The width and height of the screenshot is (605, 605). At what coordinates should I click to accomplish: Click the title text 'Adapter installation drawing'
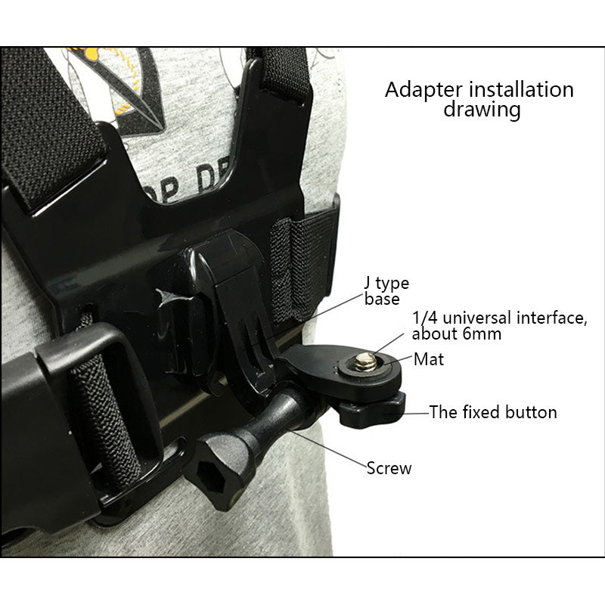coord(479,99)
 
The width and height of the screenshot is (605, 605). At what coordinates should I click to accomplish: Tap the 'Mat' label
coord(429,359)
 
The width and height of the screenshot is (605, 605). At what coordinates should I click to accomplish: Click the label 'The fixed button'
coord(493,412)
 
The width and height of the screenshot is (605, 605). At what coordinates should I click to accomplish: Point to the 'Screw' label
coord(389,468)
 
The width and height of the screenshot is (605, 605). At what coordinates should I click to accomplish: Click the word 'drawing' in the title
coord(482,110)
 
